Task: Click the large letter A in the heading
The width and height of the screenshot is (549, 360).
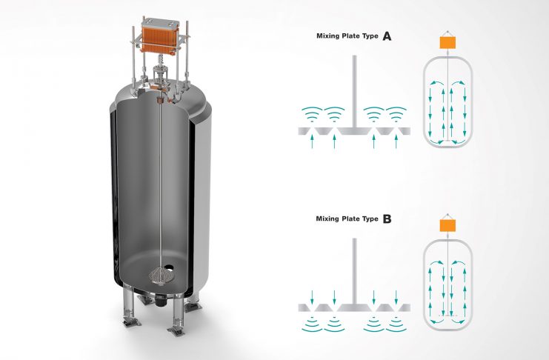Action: point(386,35)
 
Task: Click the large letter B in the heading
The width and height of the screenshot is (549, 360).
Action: point(386,219)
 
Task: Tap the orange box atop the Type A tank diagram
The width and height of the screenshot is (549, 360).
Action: point(447,43)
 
